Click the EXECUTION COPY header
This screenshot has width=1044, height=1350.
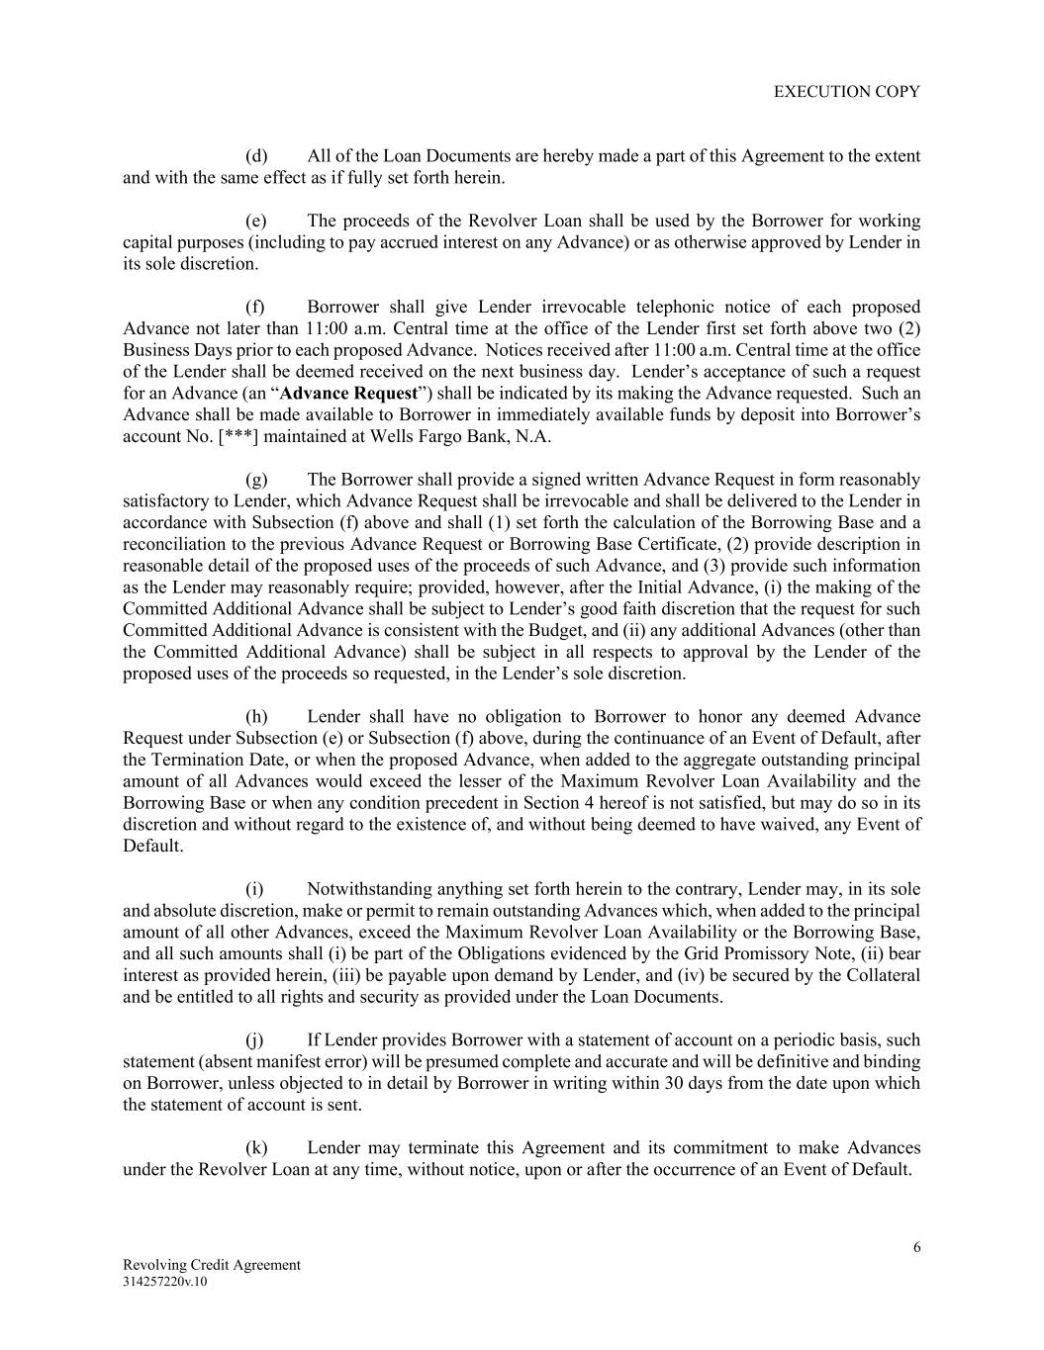[x=846, y=92]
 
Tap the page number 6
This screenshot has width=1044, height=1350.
[x=916, y=1247]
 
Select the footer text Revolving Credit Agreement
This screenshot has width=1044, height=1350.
[x=211, y=1265]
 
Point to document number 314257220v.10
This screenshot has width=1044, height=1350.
[x=165, y=1282]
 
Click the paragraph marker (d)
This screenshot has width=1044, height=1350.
[x=256, y=156]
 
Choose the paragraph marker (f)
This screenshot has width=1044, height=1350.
[x=256, y=307]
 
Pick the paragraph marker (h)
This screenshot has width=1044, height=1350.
[x=256, y=716]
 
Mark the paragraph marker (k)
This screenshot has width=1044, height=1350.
[x=256, y=1147]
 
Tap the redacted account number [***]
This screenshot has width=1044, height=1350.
[x=239, y=436]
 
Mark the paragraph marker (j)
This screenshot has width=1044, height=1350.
[x=255, y=1039]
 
